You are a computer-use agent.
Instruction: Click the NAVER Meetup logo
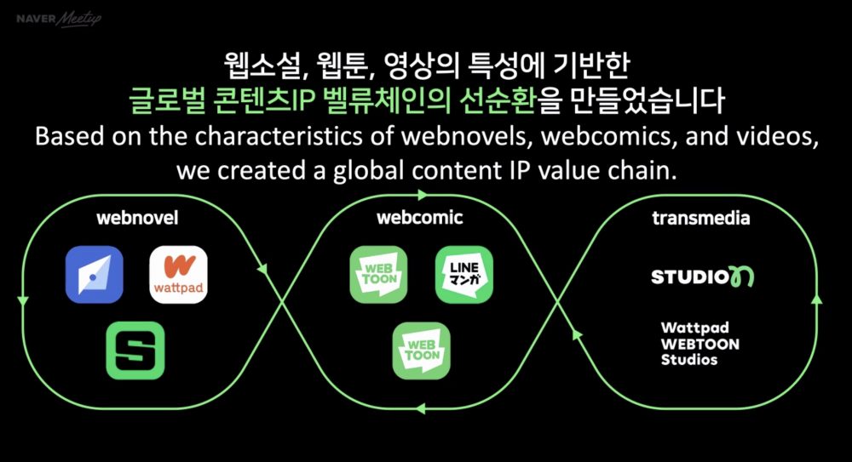tap(59, 19)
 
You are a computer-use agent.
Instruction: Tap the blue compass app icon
tap(94, 274)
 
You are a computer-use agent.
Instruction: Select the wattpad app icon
tap(178, 274)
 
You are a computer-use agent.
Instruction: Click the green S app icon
tap(135, 351)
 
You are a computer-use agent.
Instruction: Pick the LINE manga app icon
tap(464, 274)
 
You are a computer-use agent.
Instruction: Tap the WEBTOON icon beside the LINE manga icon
tap(379, 274)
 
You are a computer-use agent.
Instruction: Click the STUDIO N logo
tap(703, 277)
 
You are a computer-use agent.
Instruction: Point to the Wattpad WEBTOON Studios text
tap(699, 344)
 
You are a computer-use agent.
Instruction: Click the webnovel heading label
tap(137, 219)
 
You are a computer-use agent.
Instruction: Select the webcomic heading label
tap(420, 218)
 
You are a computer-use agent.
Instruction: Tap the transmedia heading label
tap(701, 219)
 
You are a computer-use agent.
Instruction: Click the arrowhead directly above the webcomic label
tap(423, 195)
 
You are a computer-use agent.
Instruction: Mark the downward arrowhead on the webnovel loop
tap(23, 300)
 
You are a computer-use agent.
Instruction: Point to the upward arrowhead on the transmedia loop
tap(817, 299)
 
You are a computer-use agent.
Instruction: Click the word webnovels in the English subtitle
tap(465, 136)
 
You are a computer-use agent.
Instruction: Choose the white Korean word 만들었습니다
tap(648, 100)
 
